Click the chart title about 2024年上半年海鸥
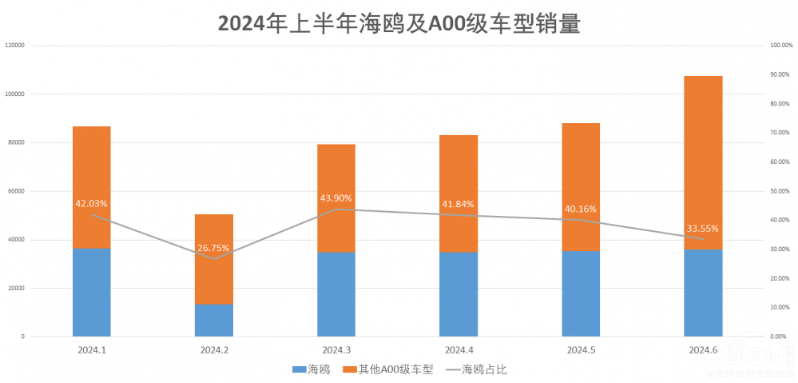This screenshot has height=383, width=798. [x=399, y=23]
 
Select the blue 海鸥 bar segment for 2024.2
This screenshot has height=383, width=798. [x=214, y=320]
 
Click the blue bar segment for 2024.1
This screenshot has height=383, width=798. [x=92, y=293]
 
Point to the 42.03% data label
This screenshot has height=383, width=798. [x=92, y=203]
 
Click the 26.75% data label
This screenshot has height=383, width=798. [x=214, y=248]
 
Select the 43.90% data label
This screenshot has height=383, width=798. [x=336, y=198]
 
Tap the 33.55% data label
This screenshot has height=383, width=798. [x=703, y=228]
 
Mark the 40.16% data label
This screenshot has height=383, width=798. [x=581, y=209]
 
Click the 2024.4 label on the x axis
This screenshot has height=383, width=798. [x=459, y=350]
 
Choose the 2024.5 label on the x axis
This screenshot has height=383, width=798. [x=581, y=350]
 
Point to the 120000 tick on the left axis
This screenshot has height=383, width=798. [x=15, y=46]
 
